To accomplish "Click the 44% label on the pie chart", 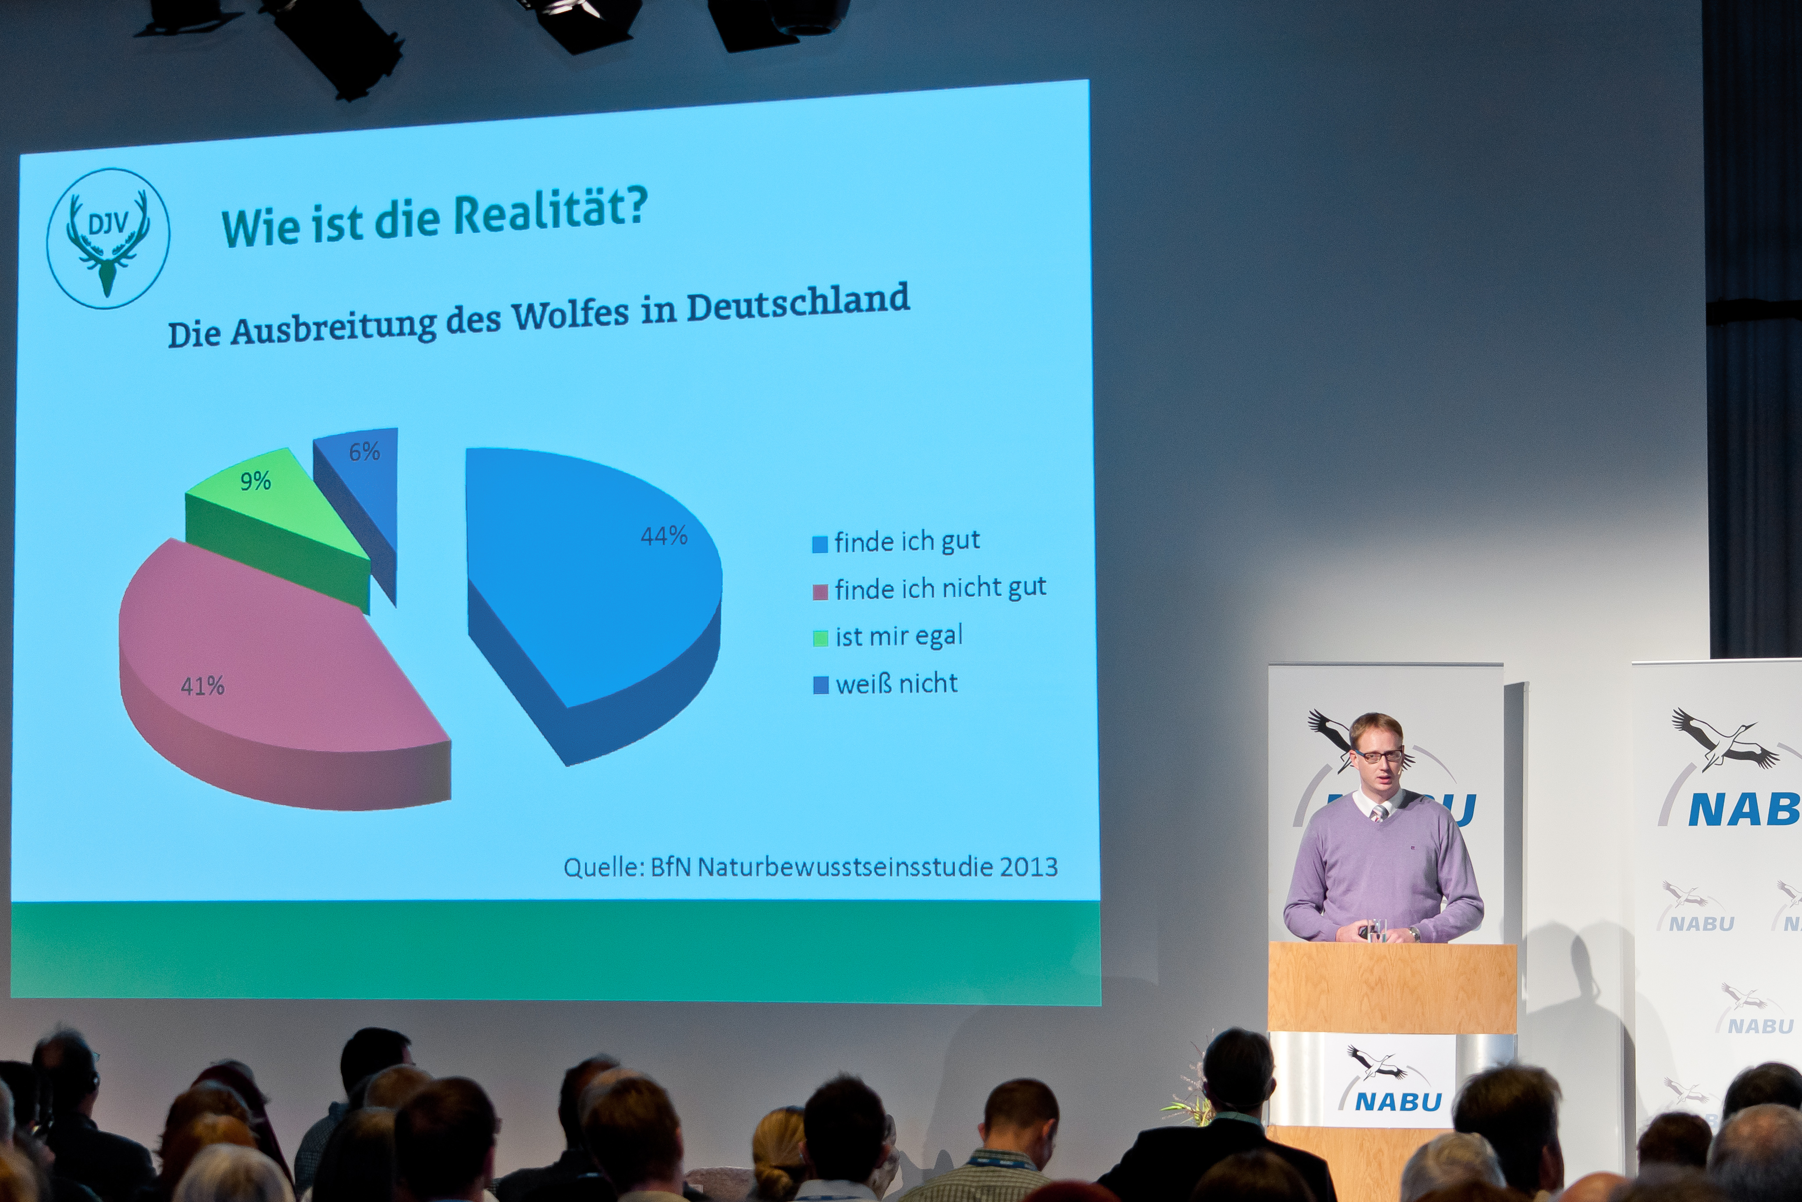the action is tap(663, 535).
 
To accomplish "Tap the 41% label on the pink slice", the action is tap(202, 685).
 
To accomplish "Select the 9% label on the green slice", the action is tap(255, 481).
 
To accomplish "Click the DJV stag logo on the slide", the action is tap(108, 238).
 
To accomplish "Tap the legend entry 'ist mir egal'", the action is tap(887, 636).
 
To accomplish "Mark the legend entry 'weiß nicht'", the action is tap(885, 683).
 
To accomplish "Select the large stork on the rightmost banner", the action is tap(1725, 740).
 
